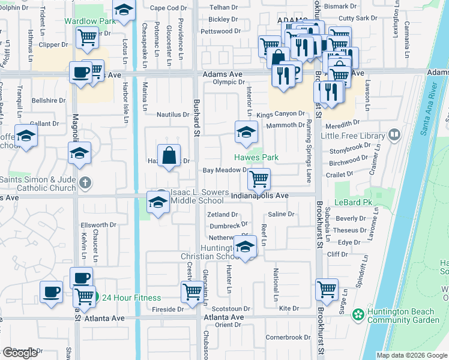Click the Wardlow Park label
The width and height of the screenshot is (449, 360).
tap(90, 22)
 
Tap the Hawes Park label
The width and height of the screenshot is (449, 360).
tap(256, 158)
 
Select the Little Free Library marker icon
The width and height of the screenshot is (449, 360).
tap(394, 134)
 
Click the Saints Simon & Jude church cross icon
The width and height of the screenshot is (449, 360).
tap(86, 182)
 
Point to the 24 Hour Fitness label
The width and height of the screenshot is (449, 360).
tap(131, 298)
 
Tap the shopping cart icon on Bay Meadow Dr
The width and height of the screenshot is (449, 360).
tap(259, 178)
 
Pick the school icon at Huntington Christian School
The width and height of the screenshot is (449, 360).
tap(245, 247)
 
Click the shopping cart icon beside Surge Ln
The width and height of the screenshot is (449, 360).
tap(327, 289)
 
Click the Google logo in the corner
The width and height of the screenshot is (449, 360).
tap(20, 353)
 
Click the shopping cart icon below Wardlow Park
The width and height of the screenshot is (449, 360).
tap(88, 38)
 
